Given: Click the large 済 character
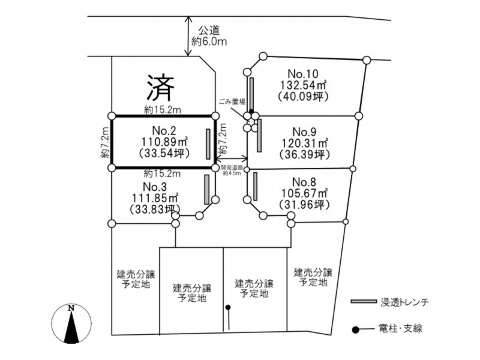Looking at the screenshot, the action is coord(160,88).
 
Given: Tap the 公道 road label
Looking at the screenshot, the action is coord(209,31).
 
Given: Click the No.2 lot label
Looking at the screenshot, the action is coord(164,131).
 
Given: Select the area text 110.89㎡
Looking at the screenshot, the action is coord(164,142).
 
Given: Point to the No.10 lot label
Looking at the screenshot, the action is coord(303,74).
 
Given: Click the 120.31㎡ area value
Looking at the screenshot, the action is coord(305,143).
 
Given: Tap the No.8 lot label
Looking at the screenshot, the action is coord(304,182).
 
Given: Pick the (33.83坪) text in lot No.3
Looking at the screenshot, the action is coord(155,209).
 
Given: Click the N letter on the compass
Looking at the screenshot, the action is coord(71,308).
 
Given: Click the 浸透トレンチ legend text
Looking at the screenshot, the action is coord(404,302).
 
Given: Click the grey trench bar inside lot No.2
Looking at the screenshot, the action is coord(208,144).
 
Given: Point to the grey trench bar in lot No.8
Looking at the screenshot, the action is coord(256,186).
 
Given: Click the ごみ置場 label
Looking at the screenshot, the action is coord(232,101).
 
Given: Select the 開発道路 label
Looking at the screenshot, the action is coord(232,168).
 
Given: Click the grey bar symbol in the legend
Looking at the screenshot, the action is coord(364,302).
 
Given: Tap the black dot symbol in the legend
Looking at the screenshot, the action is coord(355,329).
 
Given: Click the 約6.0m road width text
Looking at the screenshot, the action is coord(209,41).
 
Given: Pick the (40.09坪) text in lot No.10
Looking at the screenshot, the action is coord(303,97).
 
